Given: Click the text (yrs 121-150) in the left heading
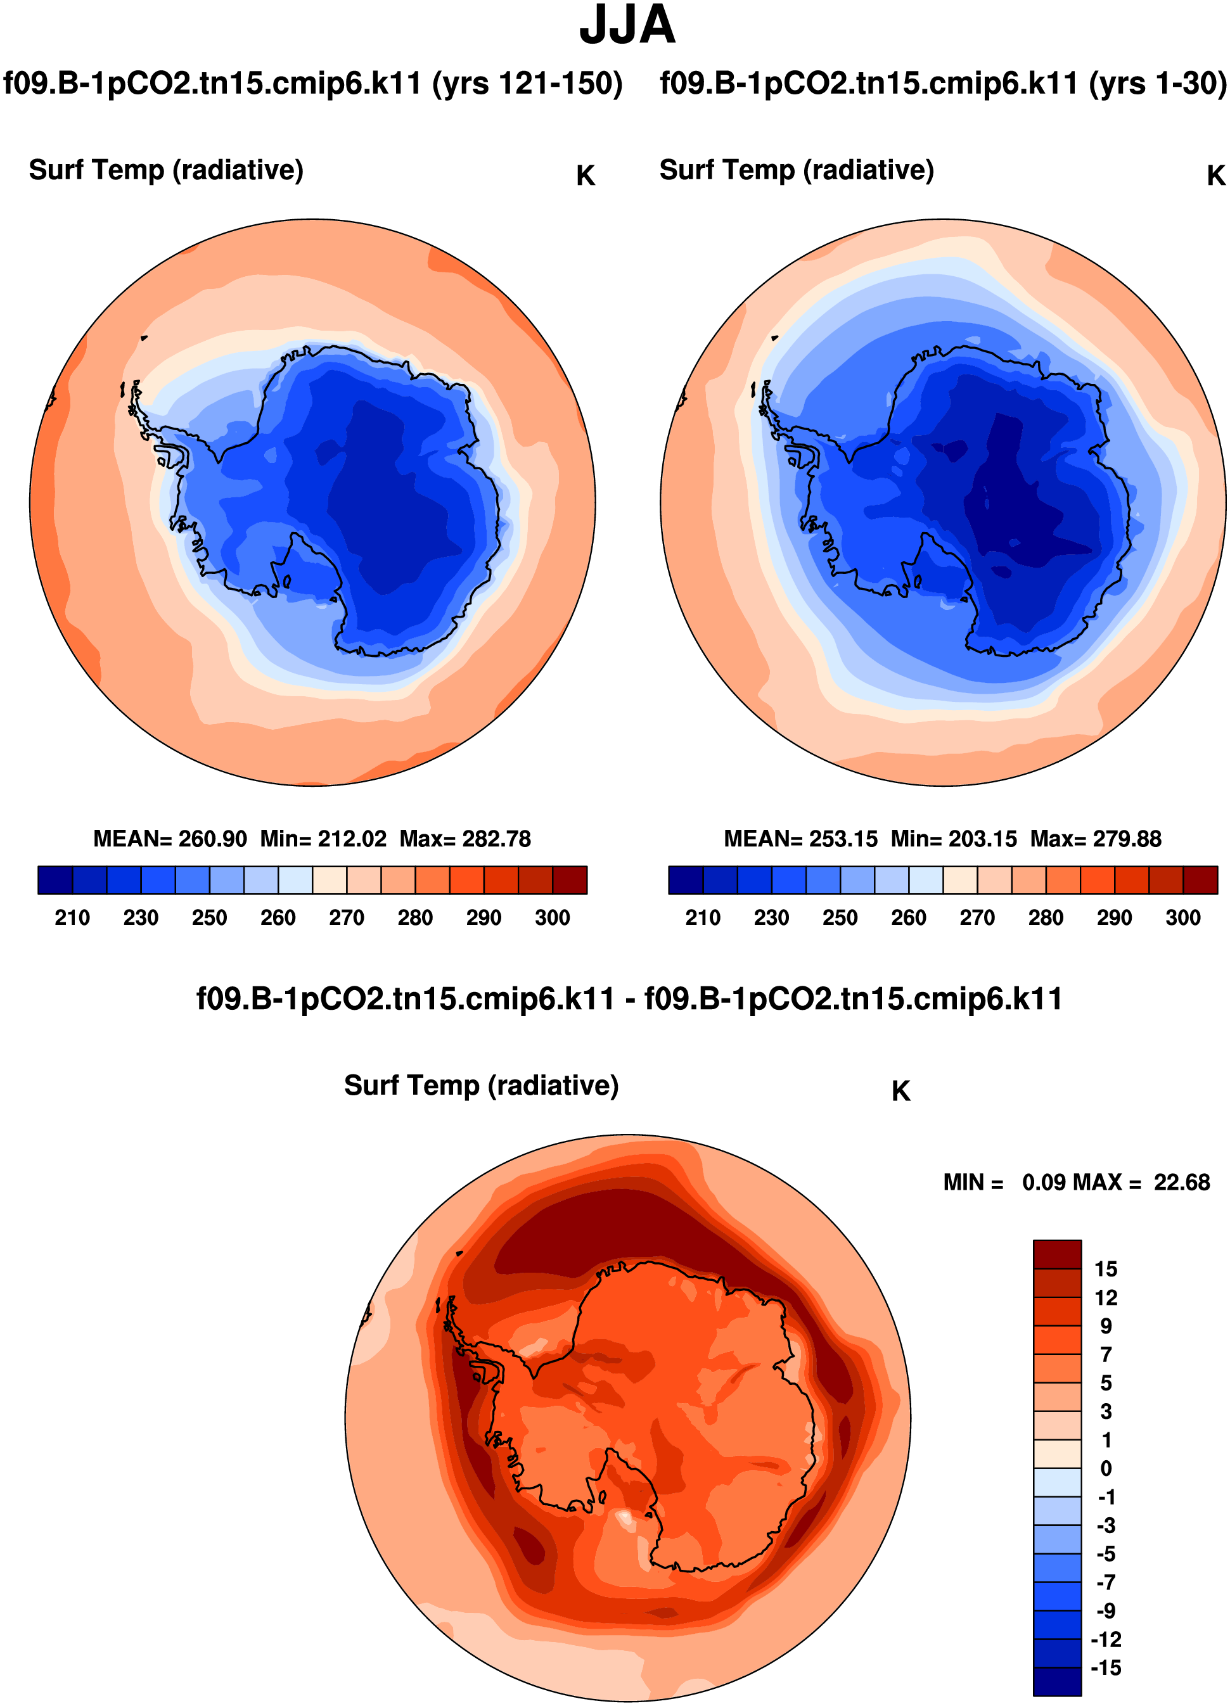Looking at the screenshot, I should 527,83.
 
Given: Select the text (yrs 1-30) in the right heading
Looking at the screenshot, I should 1158,83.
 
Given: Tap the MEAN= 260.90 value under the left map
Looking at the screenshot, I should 170,839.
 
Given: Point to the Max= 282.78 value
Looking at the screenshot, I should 465,839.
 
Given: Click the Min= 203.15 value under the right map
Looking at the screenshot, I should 953,839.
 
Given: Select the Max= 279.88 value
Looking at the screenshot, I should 1095,839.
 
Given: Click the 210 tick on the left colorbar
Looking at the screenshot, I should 72,918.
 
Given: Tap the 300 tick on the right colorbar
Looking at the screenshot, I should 1182,918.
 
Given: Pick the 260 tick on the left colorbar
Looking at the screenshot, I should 278,918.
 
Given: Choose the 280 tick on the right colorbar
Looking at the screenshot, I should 1046,918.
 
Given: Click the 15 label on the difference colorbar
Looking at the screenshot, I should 1106,1269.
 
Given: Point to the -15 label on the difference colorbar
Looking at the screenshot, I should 1106,1667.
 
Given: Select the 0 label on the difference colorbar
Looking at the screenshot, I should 1106,1468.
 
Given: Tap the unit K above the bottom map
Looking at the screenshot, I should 900,1092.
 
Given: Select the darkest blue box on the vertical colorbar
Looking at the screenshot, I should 1057,1682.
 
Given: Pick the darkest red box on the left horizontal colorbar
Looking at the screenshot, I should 570,880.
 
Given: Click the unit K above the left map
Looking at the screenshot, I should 586,176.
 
